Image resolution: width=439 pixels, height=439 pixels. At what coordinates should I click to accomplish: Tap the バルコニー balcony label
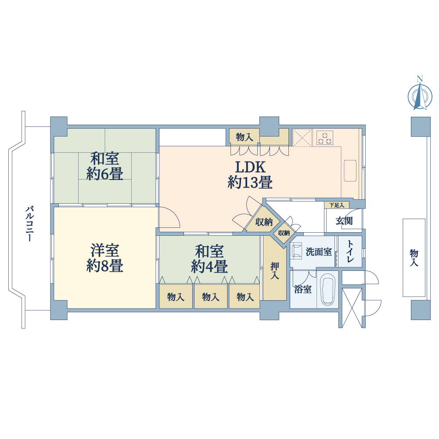tap(30, 224)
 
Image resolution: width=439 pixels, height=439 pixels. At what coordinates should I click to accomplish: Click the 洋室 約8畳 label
tap(105, 258)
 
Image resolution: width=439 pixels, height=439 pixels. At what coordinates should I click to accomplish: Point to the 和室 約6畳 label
tap(105, 166)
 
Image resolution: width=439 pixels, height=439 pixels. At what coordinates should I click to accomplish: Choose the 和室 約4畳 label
tap(209, 259)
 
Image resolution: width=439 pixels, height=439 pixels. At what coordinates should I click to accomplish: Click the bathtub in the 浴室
tap(327, 289)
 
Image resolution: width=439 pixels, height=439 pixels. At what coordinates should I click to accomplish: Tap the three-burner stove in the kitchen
tap(325, 138)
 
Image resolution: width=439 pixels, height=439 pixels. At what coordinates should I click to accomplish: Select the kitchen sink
tap(350, 170)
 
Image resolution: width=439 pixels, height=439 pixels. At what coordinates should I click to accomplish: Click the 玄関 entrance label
tap(344, 221)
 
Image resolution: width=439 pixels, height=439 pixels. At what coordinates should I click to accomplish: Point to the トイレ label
tap(350, 251)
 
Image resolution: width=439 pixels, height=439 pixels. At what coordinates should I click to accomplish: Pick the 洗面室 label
tap(319, 252)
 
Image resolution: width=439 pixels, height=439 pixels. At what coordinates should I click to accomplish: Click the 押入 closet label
tap(275, 270)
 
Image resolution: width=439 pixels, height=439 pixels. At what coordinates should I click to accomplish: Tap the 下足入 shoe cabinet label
tap(337, 205)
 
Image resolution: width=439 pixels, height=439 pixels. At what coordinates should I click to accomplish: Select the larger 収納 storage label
tap(264, 222)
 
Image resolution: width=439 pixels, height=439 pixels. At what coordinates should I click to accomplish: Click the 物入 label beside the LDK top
tap(245, 137)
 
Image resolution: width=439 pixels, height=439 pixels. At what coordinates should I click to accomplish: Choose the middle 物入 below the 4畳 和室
tap(211, 297)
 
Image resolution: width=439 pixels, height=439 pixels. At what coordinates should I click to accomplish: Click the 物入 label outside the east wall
tap(414, 258)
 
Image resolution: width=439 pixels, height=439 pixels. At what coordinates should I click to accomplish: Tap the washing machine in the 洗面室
tap(296, 250)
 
